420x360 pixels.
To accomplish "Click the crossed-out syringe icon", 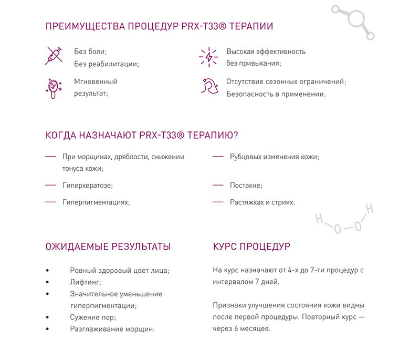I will tap(54, 56).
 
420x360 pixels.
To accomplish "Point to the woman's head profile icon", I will tap(208, 86).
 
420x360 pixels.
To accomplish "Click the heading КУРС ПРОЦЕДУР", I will tap(251, 247).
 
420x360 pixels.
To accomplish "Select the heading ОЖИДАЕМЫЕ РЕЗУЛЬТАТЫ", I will tap(108, 247).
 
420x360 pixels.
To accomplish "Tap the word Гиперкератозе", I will tap(87, 186).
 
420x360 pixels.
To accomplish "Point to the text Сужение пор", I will tap(92, 317).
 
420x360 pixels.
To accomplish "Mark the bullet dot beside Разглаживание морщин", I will tap(48, 330).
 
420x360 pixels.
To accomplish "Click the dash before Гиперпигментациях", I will tap(50, 202).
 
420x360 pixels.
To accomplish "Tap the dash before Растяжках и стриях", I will tap(218, 202).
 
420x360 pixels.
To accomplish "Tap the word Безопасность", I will tap(248, 95).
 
